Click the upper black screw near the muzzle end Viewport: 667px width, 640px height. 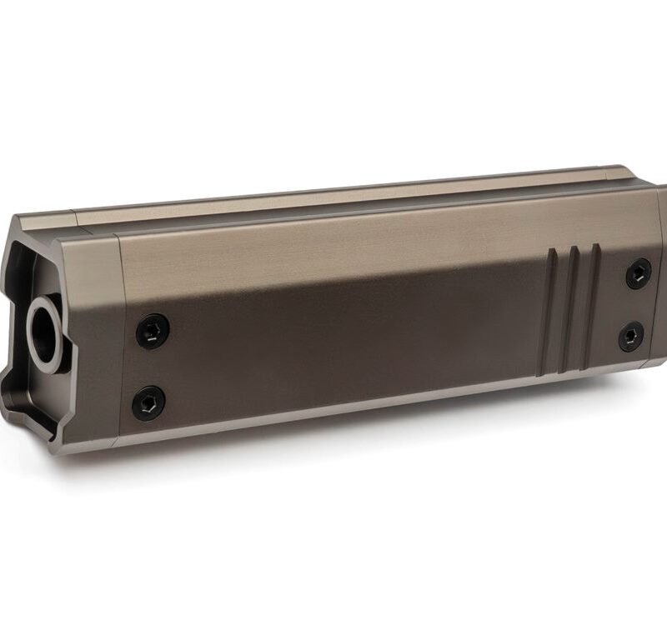(x=153, y=331)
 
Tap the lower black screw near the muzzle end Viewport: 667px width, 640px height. (x=148, y=403)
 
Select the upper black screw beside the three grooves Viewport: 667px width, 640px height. (x=639, y=273)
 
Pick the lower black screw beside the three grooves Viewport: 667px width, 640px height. (x=631, y=337)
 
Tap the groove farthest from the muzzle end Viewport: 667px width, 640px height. (x=593, y=308)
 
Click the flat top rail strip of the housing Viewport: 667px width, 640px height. (x=350, y=197)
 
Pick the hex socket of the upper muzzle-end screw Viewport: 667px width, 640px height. (x=153, y=331)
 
